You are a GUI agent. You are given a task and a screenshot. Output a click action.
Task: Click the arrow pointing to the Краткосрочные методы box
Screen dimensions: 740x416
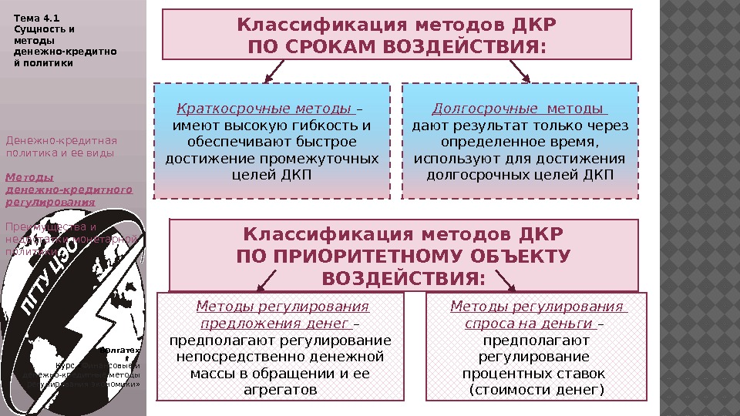[x=274, y=72]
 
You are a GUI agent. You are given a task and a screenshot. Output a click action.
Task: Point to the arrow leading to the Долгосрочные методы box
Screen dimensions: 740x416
[x=520, y=72]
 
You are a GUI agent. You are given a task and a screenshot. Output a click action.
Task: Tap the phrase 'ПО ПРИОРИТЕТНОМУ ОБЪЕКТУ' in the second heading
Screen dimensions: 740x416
[x=403, y=255]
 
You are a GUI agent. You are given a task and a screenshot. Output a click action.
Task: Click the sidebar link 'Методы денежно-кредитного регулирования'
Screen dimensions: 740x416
[x=68, y=190]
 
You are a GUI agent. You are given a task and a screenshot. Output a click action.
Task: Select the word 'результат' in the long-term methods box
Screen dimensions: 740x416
[x=492, y=126]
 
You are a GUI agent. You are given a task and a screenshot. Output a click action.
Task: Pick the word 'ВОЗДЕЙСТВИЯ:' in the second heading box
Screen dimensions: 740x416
[x=403, y=277]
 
